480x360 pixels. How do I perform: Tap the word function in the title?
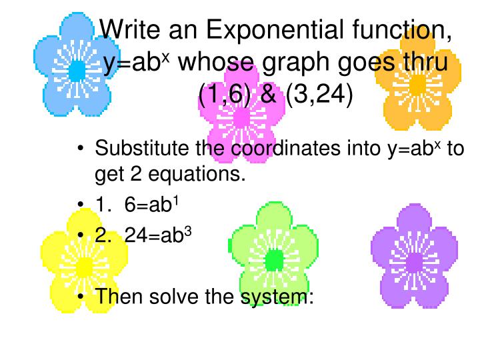(x=401, y=31)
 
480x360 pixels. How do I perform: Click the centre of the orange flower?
(x=417, y=85)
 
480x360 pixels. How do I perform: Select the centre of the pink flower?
(x=241, y=118)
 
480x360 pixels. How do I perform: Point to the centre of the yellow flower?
(x=84, y=267)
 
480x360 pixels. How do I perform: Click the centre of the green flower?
(x=274, y=259)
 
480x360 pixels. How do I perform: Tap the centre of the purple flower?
(x=414, y=262)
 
